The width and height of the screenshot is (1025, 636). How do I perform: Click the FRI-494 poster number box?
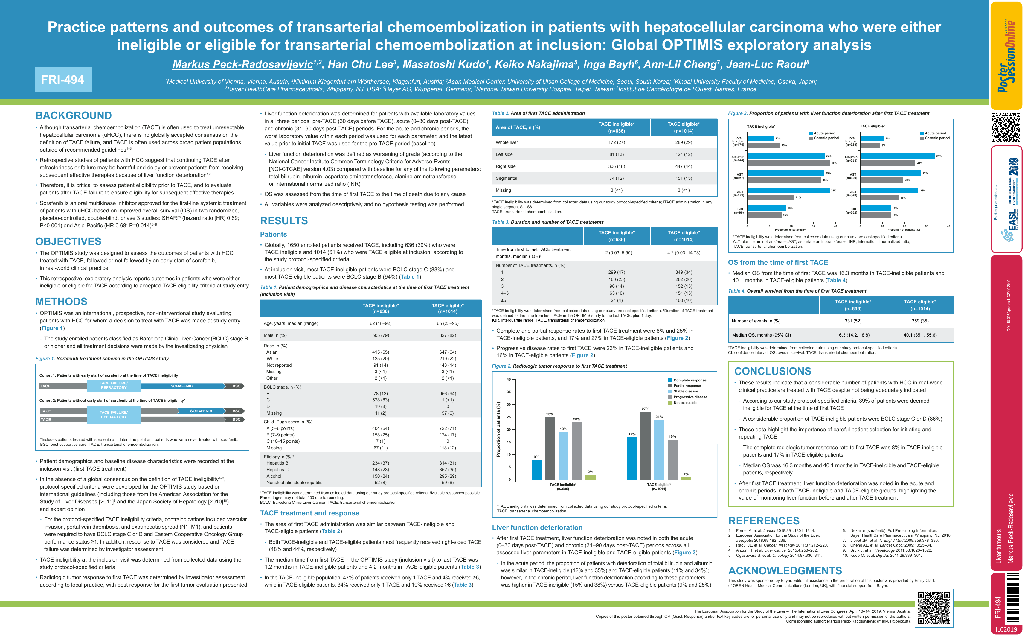click(x=63, y=80)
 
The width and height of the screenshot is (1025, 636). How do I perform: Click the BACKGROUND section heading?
click(x=74, y=116)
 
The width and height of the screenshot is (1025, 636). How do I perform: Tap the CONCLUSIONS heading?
click(x=773, y=371)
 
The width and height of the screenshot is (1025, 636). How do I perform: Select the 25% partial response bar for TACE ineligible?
click(x=550, y=448)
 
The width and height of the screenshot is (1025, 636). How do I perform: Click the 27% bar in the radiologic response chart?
click(x=645, y=445)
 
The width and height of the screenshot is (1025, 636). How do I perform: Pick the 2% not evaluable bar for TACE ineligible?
click(x=590, y=477)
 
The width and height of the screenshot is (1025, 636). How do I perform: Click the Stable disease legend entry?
click(x=685, y=391)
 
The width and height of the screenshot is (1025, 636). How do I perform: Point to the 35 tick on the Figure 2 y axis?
click(x=509, y=392)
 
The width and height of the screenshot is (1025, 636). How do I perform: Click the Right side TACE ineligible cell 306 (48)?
click(x=616, y=166)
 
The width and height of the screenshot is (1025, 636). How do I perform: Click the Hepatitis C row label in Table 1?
click(x=277, y=469)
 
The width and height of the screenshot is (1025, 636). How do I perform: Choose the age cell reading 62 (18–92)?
click(x=380, y=323)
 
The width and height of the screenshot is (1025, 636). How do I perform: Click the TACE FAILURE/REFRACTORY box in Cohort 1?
click(x=114, y=385)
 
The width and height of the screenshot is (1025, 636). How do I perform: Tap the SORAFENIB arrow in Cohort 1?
click(x=181, y=386)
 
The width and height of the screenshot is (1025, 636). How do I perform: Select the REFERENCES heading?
click(x=764, y=521)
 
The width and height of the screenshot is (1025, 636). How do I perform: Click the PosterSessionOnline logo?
click(x=1006, y=55)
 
